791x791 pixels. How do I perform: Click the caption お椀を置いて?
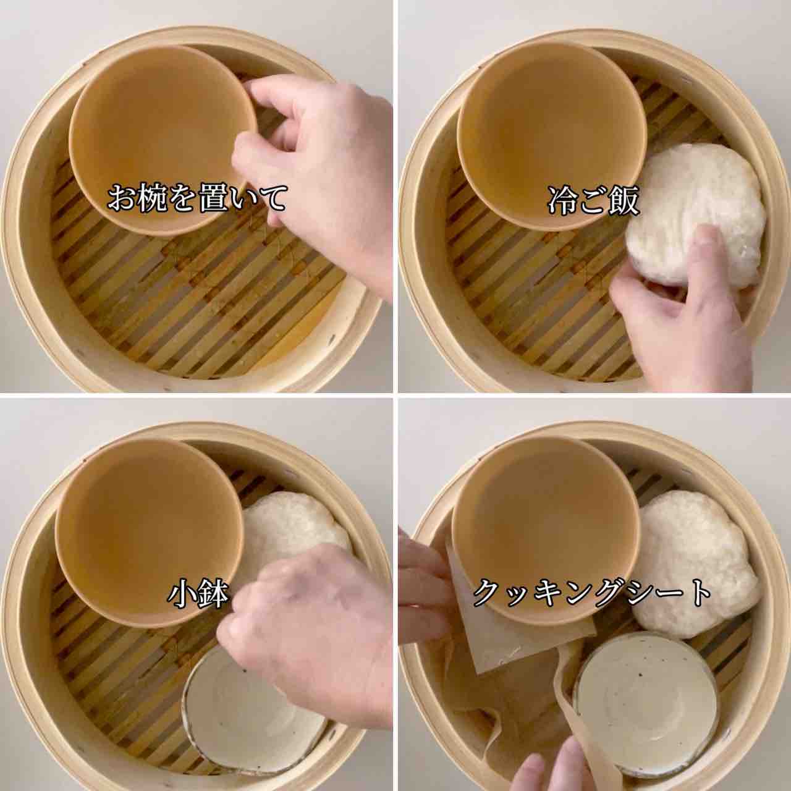[x=197, y=198]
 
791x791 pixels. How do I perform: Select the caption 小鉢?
[x=198, y=594]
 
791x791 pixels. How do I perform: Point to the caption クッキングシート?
[x=592, y=593]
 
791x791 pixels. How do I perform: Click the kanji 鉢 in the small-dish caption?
[x=213, y=594]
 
